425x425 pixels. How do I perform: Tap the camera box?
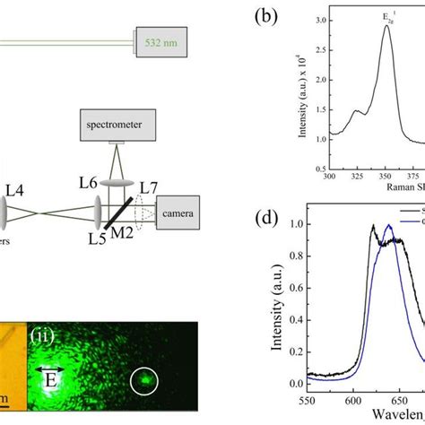tap(183, 214)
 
